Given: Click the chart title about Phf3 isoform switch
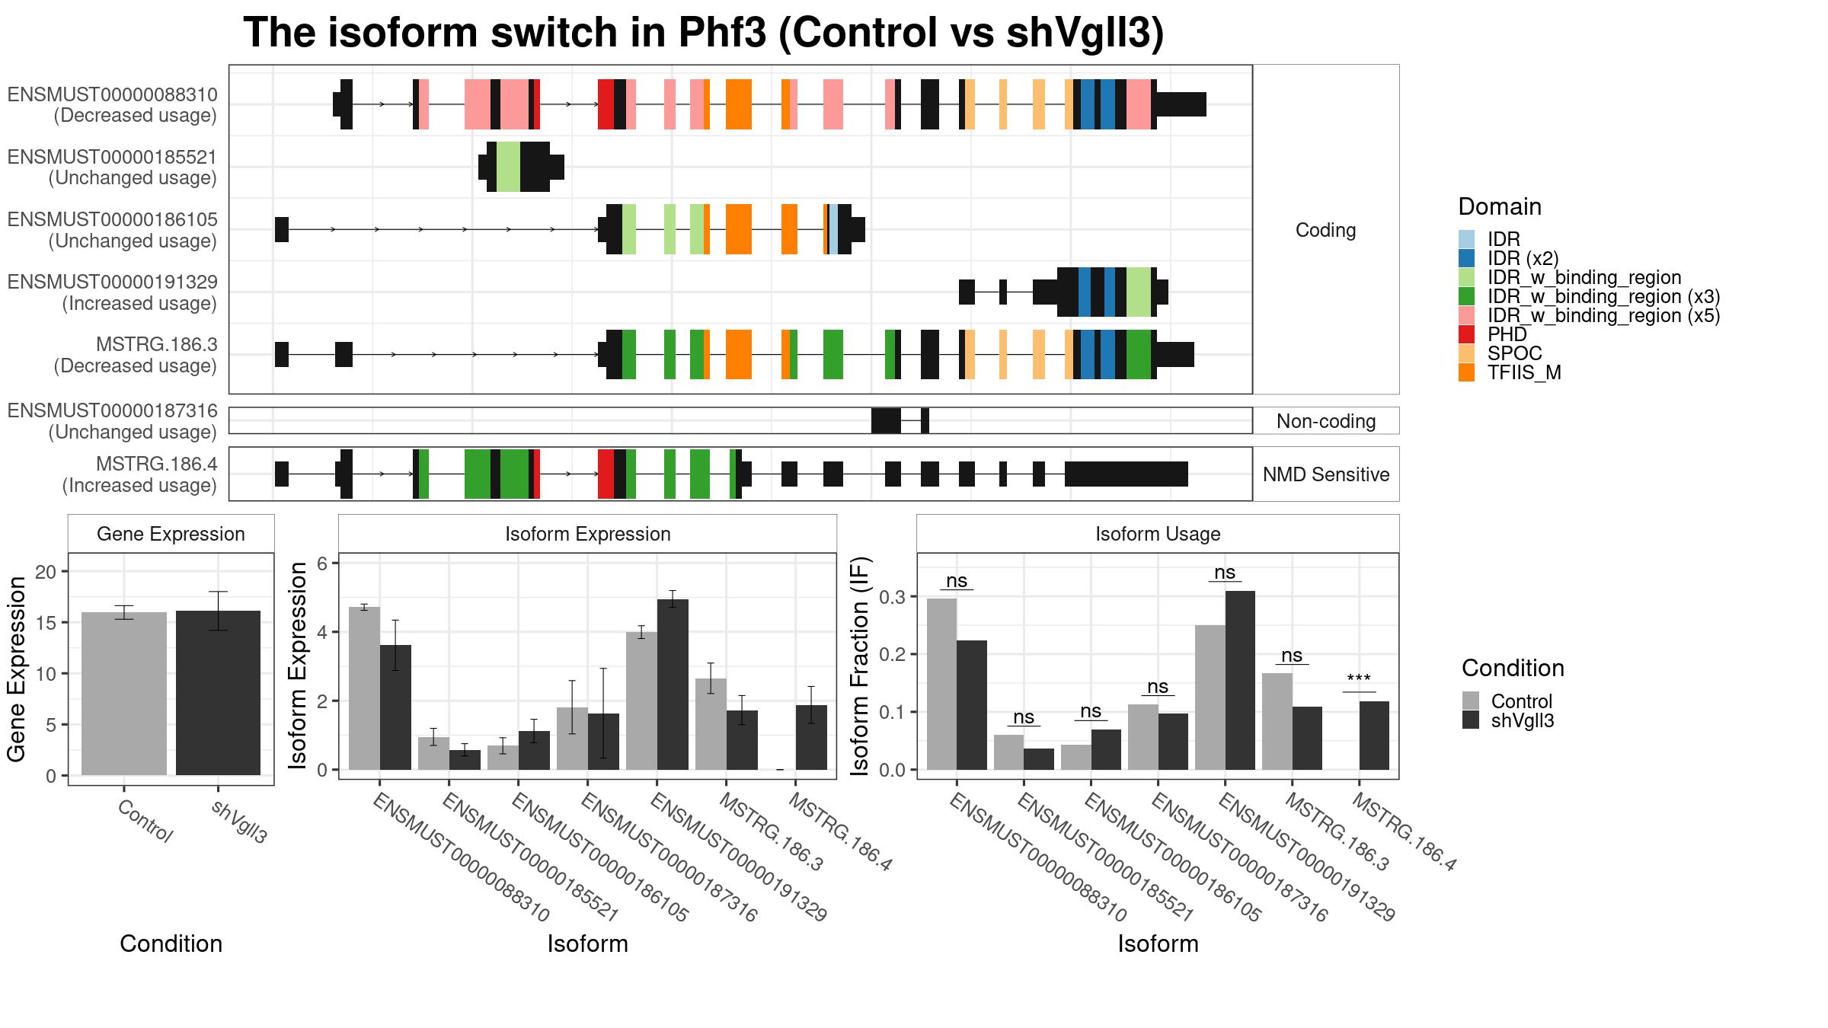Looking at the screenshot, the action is click(703, 33).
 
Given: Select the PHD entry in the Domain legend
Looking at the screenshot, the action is click(1507, 334).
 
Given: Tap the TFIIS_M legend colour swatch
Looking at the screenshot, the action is click(1466, 372).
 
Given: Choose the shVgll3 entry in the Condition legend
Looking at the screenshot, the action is click(1522, 720).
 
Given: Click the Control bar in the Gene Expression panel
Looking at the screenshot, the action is click(124, 694).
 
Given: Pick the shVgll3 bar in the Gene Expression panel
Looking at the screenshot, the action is click(218, 693).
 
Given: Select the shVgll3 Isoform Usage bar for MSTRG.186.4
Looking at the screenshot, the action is click(1374, 736).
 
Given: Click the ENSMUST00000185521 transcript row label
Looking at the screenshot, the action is click(113, 158).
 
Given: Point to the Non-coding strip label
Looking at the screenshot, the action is click(1326, 421).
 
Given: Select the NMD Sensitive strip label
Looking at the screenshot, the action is click(1326, 474).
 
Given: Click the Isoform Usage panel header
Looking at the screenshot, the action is click(1158, 534).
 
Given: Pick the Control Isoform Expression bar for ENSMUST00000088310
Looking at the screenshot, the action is click(364, 688).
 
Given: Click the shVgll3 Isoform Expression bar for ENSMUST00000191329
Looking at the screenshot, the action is click(673, 685).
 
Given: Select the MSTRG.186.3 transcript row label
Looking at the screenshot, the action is click(157, 345).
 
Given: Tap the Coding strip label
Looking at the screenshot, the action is click(1326, 230).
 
